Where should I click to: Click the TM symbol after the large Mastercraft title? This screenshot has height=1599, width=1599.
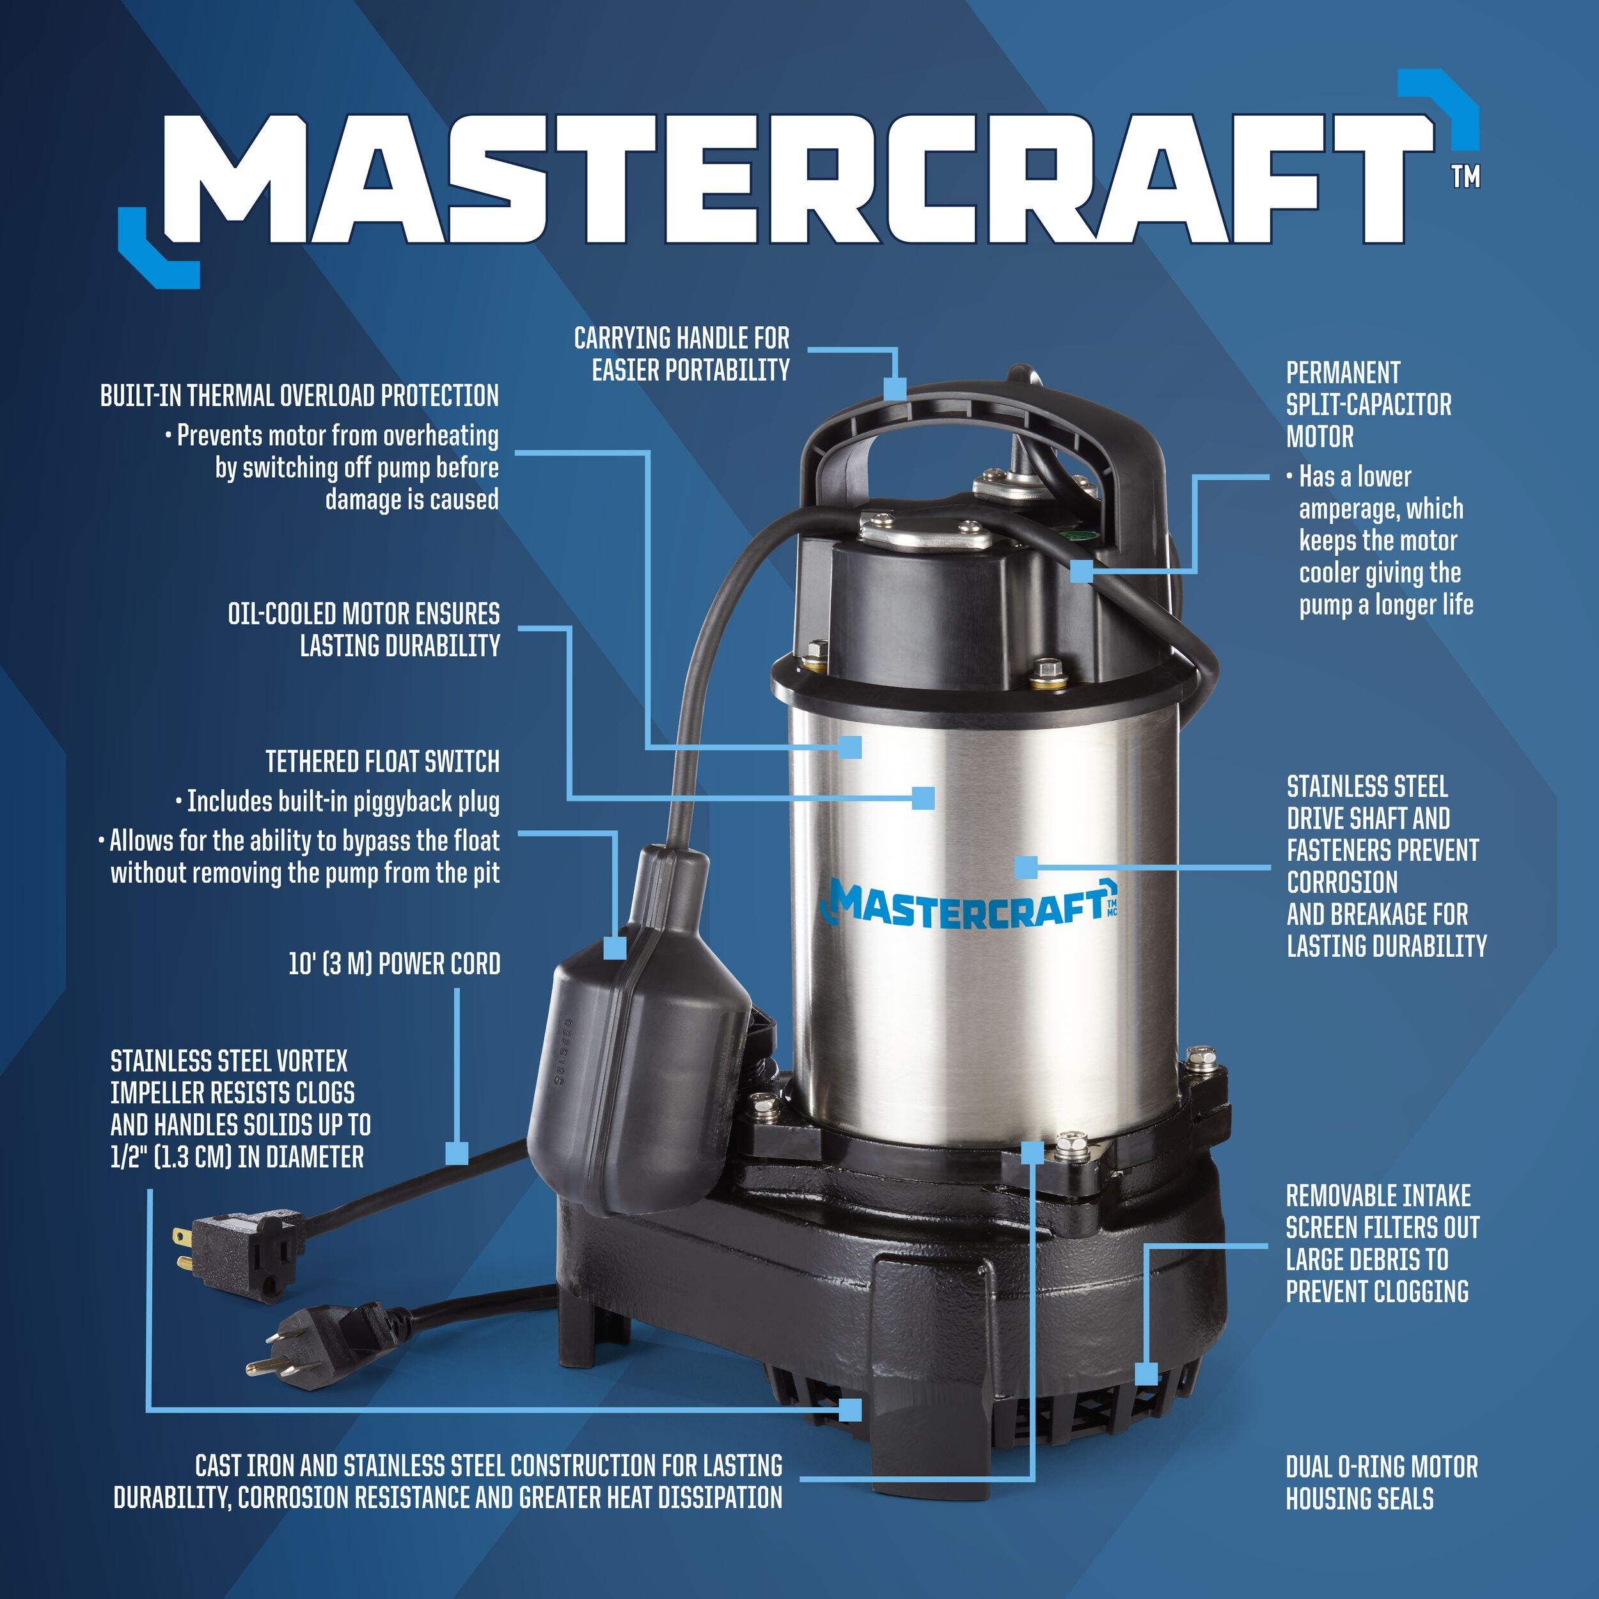[1466, 177]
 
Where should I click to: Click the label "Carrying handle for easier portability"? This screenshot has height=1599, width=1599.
[681, 354]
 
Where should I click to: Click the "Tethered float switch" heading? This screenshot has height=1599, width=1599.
[382, 760]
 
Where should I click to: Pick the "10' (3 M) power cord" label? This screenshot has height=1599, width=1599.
[394, 963]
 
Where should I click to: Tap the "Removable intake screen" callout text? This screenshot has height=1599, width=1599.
[1382, 1243]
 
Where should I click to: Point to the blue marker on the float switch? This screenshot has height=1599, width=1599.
[615, 947]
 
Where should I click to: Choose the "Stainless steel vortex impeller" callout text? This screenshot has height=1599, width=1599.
[240, 1108]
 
